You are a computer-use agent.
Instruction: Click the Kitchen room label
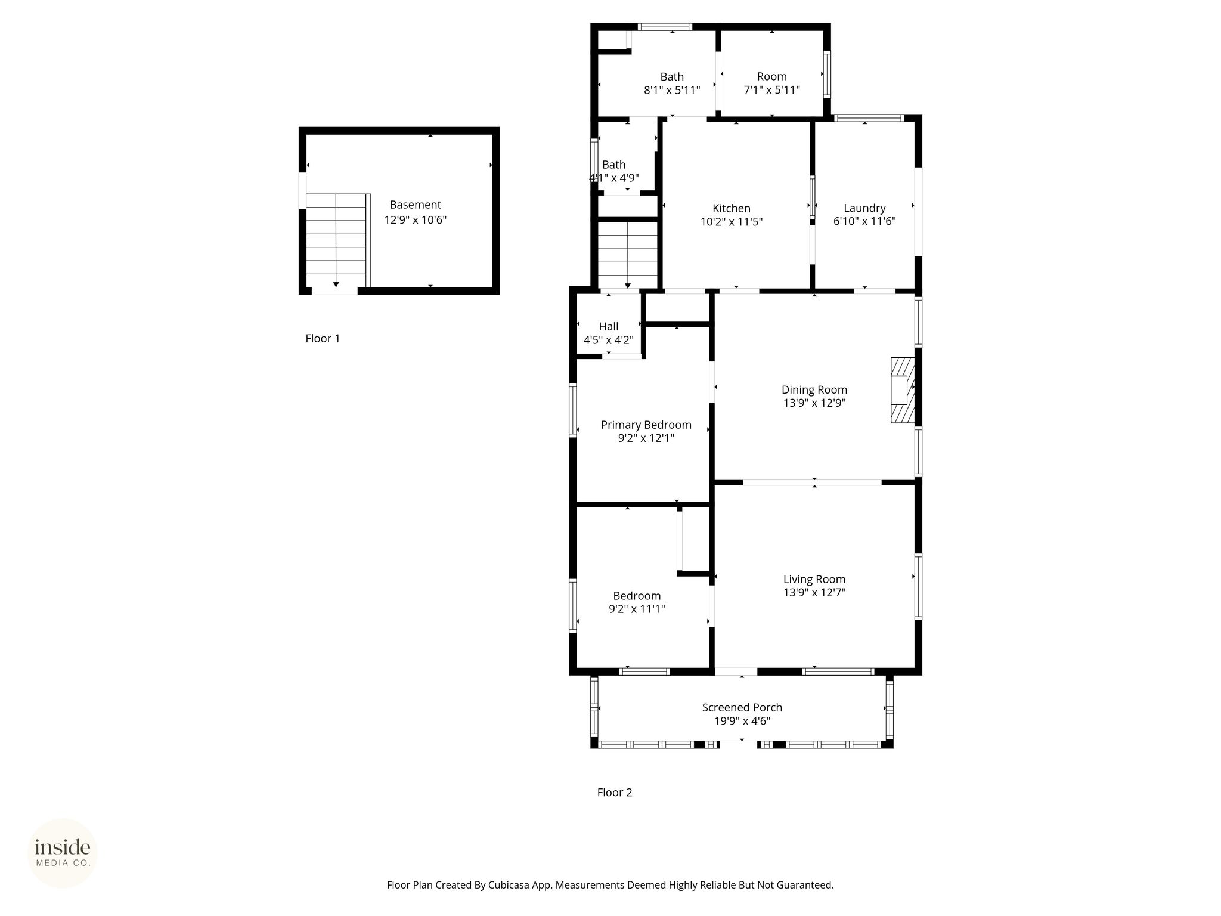(x=732, y=208)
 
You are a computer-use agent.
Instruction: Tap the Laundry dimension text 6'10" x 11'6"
(x=864, y=221)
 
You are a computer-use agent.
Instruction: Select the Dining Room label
(x=814, y=389)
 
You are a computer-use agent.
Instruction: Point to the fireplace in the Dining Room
(x=903, y=390)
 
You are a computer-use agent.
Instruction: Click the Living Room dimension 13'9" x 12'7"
(x=814, y=592)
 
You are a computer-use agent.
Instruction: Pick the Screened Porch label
(x=742, y=707)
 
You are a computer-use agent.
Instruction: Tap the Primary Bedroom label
(x=646, y=425)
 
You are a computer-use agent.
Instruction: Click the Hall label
(x=609, y=326)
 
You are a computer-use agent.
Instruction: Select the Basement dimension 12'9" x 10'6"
(x=416, y=220)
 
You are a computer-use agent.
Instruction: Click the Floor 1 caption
(x=323, y=338)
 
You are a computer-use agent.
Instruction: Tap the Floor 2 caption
(x=615, y=792)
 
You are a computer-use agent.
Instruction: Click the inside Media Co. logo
(x=63, y=853)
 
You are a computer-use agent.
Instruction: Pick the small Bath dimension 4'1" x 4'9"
(x=614, y=178)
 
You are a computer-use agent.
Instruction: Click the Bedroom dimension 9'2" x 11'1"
(x=637, y=609)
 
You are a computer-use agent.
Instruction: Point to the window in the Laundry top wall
(x=869, y=118)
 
